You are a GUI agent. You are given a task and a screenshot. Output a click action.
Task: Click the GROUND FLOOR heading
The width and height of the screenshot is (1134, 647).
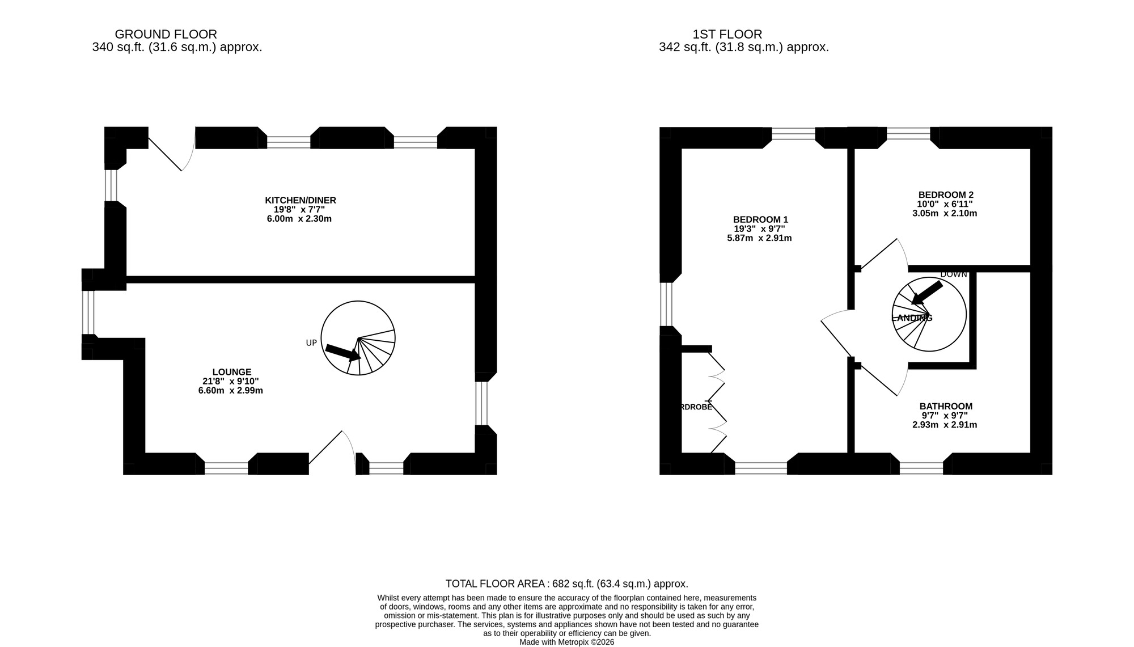point(166,35)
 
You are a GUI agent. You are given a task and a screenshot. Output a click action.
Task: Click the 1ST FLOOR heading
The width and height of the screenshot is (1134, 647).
point(727,35)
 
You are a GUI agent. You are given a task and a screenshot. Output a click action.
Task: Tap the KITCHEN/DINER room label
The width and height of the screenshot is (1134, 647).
point(301,200)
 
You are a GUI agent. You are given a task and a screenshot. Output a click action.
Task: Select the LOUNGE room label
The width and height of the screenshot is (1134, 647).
point(232,372)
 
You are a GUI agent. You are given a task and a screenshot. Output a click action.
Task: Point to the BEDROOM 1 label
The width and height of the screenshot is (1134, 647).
point(760,219)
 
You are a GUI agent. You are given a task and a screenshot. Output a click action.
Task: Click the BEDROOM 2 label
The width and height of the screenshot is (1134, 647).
point(946,194)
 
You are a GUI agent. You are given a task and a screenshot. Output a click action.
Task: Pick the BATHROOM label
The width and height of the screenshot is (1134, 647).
point(946,406)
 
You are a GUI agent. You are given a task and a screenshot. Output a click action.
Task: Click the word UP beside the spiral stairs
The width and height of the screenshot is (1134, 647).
point(311,343)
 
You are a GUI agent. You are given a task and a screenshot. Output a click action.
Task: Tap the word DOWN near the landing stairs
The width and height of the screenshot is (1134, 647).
point(954,274)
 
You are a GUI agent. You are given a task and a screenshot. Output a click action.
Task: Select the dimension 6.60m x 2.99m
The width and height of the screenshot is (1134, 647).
point(231,391)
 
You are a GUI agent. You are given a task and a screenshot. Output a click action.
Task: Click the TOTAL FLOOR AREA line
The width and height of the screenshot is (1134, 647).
point(566,583)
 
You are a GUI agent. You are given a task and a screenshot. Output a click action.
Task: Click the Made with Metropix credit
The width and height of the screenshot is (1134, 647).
point(566,642)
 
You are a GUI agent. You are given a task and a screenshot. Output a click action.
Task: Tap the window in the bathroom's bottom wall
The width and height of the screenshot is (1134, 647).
point(921,468)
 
